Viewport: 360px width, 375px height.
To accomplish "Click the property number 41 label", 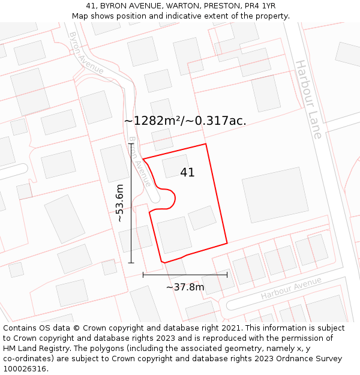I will click(187, 173).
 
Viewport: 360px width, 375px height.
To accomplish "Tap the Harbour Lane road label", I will click(308, 99).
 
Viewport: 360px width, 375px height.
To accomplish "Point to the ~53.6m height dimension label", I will click(119, 203).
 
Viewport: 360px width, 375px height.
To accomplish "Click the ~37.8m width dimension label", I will click(185, 287).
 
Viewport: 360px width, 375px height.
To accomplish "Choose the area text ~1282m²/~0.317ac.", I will click(185, 121).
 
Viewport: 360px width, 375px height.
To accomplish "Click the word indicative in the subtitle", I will click(202, 16).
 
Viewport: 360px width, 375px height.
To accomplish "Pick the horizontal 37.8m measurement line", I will click(185, 275).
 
